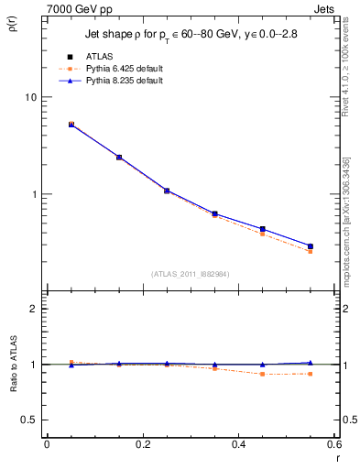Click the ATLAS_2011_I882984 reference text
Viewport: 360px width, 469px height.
coord(191,273)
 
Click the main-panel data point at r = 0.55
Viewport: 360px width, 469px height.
coord(310,246)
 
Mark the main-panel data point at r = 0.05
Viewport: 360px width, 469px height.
coord(71,124)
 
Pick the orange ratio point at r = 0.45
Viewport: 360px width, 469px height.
coord(262,374)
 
